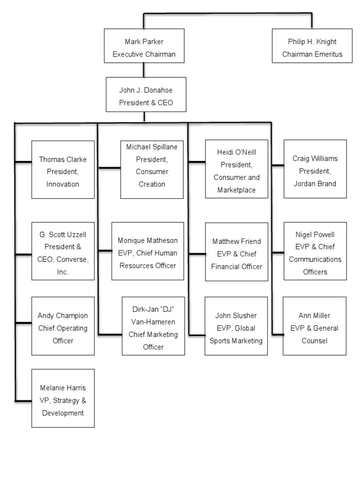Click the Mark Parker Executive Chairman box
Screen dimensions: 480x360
(144, 45)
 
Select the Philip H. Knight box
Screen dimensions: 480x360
(312, 45)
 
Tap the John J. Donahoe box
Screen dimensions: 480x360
(146, 94)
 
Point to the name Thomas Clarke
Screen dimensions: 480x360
(63, 159)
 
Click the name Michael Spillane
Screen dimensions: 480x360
(152, 147)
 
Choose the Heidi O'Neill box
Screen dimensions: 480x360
(236, 169)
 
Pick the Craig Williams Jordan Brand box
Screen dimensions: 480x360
(315, 169)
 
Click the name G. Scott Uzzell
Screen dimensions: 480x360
(63, 234)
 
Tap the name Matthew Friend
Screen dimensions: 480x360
(237, 241)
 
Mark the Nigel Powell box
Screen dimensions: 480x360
(315, 251)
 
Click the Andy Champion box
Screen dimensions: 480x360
(63, 326)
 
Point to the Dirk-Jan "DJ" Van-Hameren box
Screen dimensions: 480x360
(153, 326)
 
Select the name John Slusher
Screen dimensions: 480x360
(237, 315)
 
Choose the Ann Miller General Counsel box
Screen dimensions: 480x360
(315, 326)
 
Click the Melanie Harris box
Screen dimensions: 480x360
(63, 398)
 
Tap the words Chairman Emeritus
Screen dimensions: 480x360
(312, 54)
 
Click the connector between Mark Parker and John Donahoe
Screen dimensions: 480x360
(144, 70)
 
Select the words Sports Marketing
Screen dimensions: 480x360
(237, 341)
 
